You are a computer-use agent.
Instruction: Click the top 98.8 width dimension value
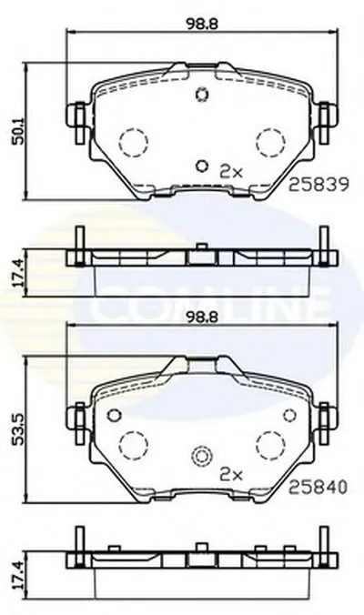[202, 24]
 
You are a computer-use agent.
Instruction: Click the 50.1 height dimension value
[18, 130]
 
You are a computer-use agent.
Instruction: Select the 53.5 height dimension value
[18, 428]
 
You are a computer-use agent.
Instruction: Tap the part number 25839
[318, 185]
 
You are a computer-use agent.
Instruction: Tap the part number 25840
[318, 487]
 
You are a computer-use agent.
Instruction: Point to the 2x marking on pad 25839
[231, 172]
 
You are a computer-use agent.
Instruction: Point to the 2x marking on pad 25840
[231, 475]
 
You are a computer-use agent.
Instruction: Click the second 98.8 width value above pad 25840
[202, 318]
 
